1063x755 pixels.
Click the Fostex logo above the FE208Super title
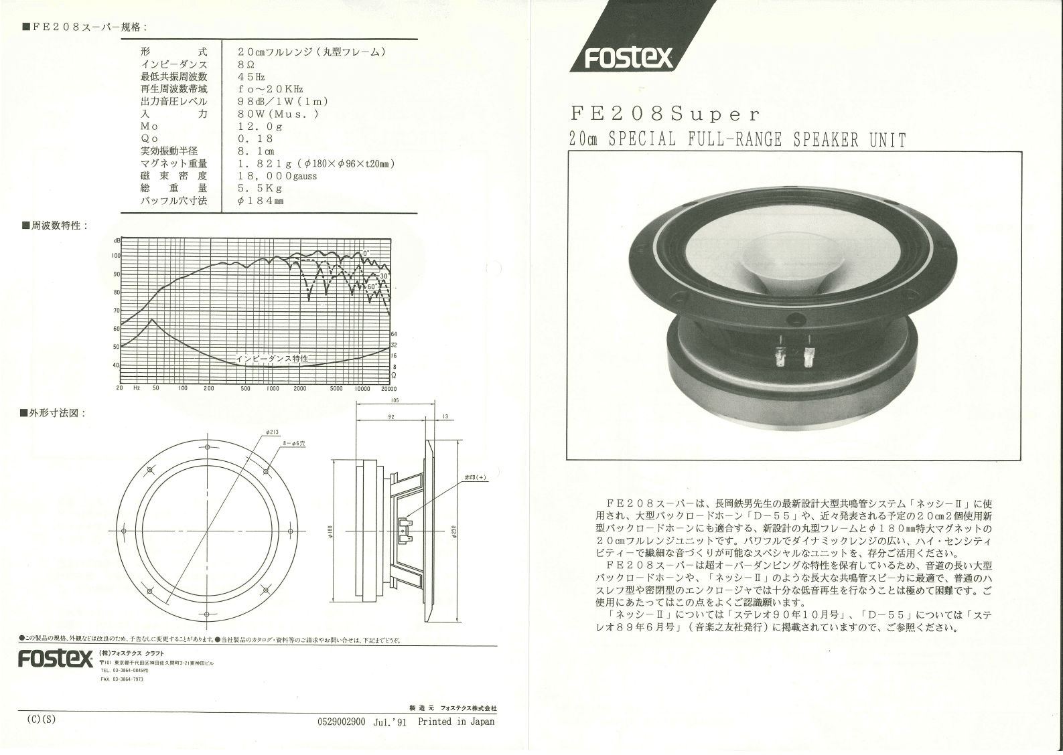628,58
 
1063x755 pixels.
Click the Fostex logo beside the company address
56,659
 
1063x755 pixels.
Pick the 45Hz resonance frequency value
251,77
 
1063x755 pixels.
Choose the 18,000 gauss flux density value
277,176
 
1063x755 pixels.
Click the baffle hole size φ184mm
261,201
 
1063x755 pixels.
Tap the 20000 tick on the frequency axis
388,388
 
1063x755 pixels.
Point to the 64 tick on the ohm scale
394,334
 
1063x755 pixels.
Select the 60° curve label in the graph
372,287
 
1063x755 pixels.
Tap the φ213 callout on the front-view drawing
272,432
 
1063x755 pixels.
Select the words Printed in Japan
456,722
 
